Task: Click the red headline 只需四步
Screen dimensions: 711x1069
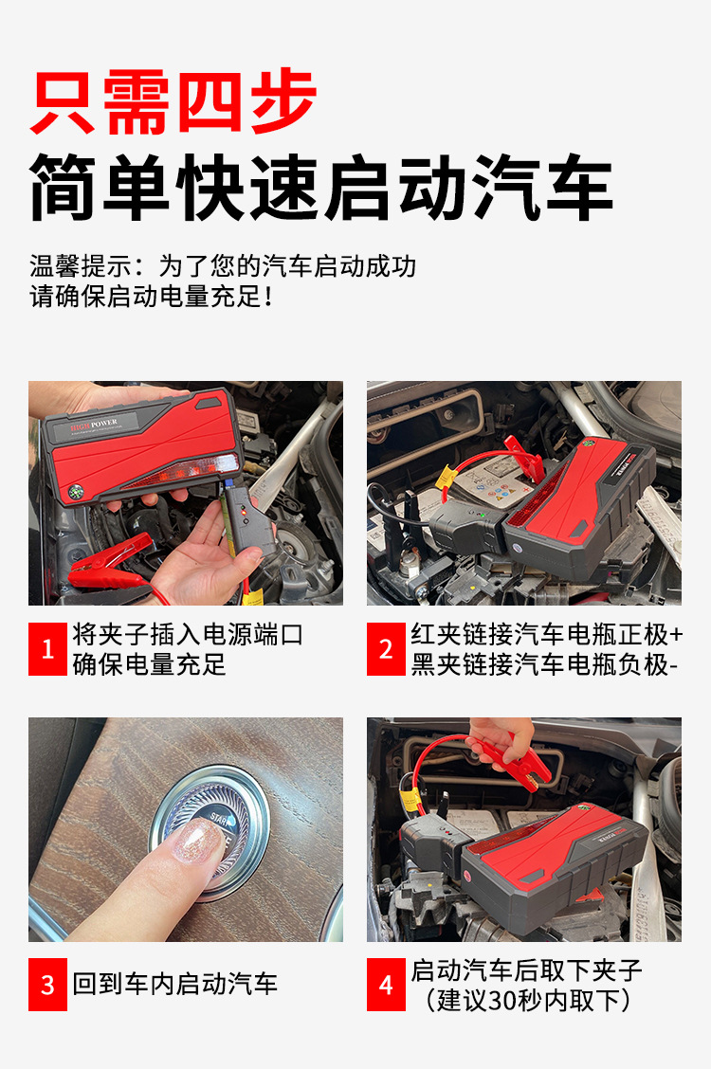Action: pos(173,101)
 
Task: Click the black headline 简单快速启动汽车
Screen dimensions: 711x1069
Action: pos(321,187)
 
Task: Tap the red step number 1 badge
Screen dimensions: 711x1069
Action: pos(47,649)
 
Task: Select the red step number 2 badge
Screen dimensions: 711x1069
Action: pos(386,649)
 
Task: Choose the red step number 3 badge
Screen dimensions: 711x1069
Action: pos(47,985)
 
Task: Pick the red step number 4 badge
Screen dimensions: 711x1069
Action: pos(386,985)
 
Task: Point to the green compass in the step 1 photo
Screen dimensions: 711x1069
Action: pos(76,492)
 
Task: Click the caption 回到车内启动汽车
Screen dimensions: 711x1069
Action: pos(175,984)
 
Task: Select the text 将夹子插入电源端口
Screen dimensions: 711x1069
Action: pos(188,635)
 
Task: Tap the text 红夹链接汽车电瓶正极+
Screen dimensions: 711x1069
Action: pos(547,635)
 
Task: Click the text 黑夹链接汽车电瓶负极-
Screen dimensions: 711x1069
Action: pos(544,664)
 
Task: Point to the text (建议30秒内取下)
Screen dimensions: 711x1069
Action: pos(527,1000)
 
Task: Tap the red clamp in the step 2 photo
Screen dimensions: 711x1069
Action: pos(524,458)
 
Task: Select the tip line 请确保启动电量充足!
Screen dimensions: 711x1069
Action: pos(152,297)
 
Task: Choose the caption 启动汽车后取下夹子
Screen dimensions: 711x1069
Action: pos(526,970)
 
